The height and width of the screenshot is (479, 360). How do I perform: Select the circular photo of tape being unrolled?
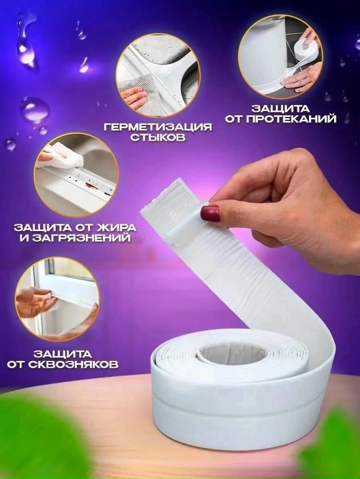[x=278, y=60]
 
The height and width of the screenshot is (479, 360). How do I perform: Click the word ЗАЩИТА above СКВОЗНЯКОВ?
[x=62, y=353]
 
